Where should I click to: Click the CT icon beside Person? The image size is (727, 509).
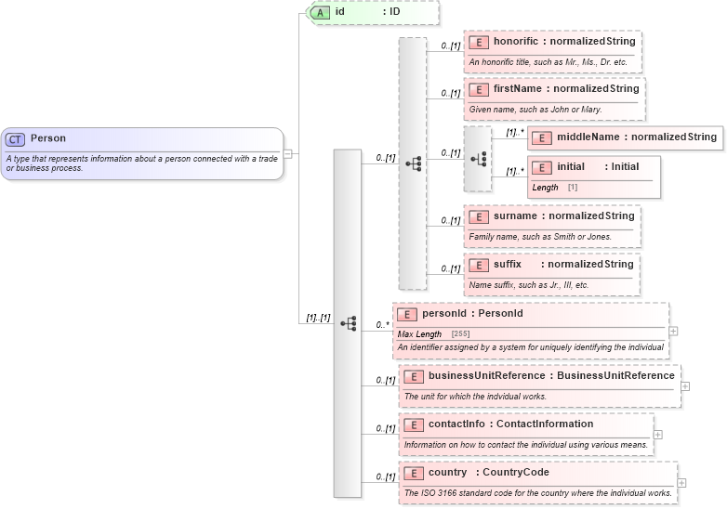coord(15,138)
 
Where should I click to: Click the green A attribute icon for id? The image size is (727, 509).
coord(320,12)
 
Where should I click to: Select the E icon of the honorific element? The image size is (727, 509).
coord(479,42)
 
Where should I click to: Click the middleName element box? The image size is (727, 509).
coord(624,137)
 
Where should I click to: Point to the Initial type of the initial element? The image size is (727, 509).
coord(625,167)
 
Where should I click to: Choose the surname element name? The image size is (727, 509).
coord(515,216)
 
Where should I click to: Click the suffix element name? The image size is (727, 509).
coord(508,265)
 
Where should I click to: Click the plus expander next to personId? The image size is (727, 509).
coord(673,331)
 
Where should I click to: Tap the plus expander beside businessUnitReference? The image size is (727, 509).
coord(685,385)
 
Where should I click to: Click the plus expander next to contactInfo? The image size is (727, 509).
coord(657,434)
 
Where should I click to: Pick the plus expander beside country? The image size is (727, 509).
coord(682,482)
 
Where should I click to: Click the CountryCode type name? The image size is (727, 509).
coord(515,473)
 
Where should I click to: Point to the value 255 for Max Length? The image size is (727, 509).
coord(460,333)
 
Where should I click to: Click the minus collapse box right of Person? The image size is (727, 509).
coord(288,153)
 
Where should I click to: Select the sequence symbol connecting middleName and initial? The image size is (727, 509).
coord(479,159)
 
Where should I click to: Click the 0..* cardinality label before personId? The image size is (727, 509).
coord(381,325)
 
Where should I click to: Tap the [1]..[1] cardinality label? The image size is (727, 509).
coord(318,318)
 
